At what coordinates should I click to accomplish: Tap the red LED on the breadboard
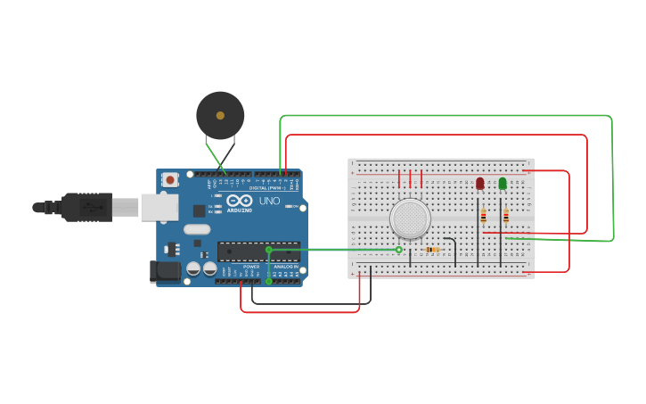(x=479, y=183)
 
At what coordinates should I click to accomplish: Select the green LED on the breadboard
(x=503, y=183)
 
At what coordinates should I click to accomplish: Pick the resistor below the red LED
(x=483, y=215)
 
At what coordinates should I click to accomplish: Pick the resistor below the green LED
(x=505, y=215)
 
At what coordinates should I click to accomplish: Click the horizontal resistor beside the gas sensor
(x=433, y=250)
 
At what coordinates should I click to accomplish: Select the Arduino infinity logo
(x=239, y=201)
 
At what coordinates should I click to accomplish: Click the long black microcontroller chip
(x=258, y=251)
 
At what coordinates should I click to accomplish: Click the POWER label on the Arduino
(x=251, y=266)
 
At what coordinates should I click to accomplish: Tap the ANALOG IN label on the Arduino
(x=286, y=266)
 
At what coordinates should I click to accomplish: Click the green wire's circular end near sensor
(x=399, y=250)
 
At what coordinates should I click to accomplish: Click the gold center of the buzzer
(x=220, y=115)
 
